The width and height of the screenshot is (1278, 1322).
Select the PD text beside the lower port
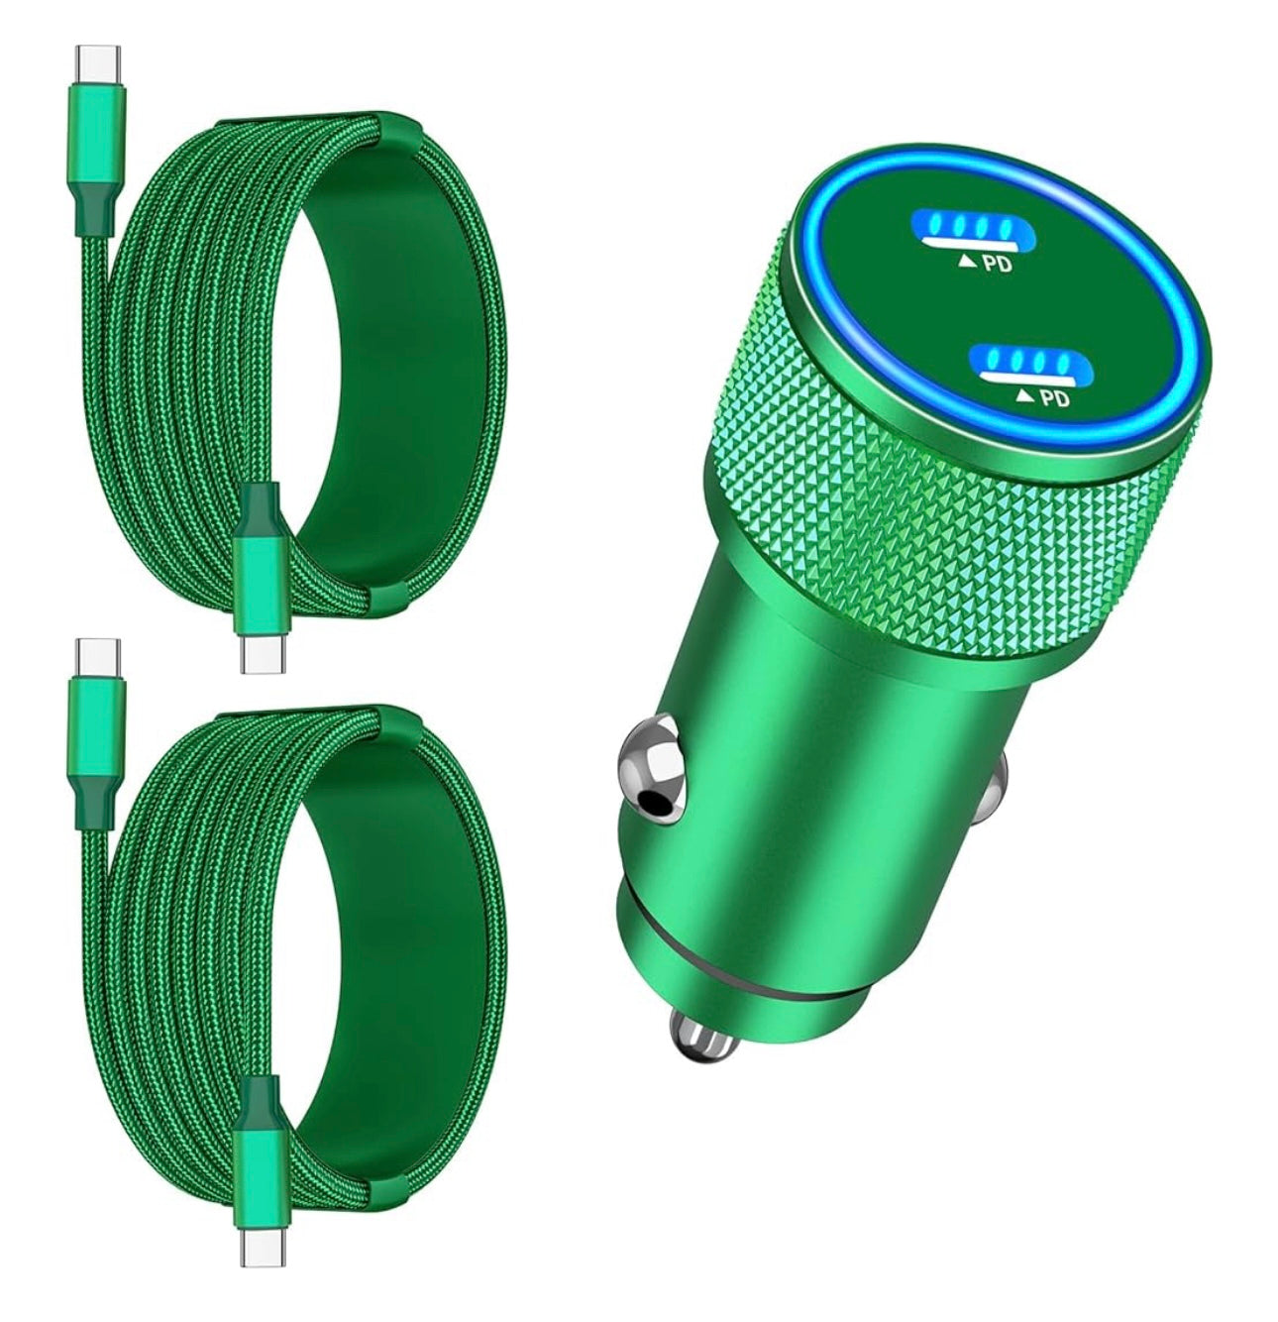click(x=1056, y=398)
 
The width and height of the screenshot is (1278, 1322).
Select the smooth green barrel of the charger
click(x=822, y=773)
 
